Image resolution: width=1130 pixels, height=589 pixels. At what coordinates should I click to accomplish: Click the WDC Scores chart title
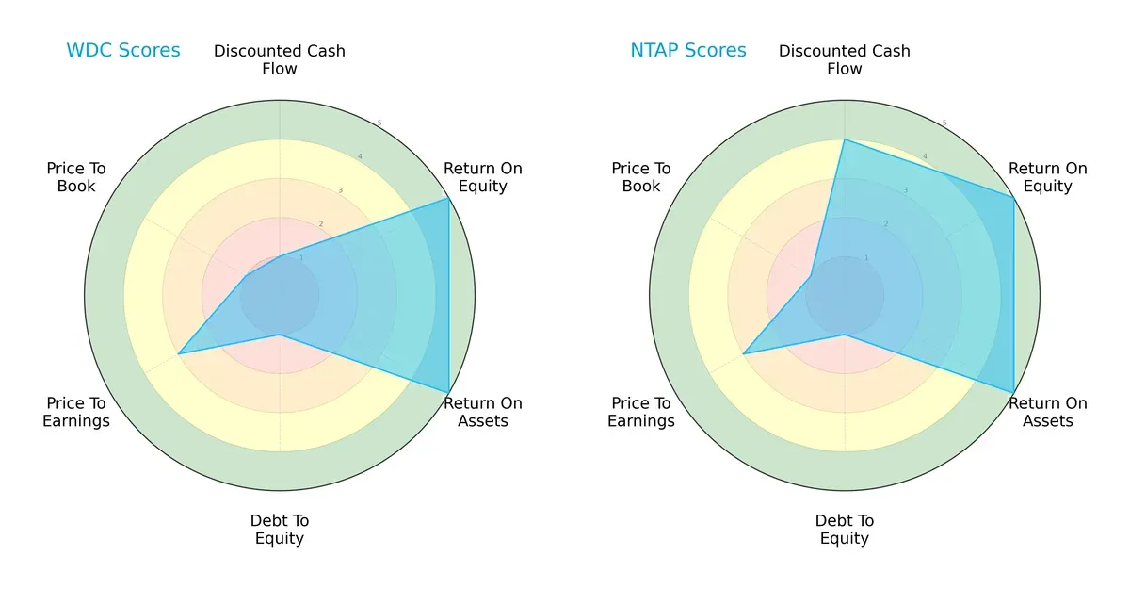coord(122,50)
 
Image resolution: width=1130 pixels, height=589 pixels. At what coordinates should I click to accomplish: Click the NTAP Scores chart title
coord(687,50)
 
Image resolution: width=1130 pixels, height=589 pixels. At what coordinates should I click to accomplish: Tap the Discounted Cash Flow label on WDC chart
coord(280,59)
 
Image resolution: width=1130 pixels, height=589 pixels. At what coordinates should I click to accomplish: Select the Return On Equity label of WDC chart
coord(482,177)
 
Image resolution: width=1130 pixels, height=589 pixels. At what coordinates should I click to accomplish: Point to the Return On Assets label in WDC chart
coord(482,412)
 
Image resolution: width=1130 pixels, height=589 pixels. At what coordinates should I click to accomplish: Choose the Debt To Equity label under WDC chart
coord(280,530)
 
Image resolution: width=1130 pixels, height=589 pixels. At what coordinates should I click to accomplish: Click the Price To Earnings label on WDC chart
coord(76,412)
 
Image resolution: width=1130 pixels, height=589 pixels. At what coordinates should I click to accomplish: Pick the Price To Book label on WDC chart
coord(76,177)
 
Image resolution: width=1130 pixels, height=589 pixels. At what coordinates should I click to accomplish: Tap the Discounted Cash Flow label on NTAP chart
coord(845,59)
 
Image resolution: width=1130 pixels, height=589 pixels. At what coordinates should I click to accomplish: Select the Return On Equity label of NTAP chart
coord(1047,177)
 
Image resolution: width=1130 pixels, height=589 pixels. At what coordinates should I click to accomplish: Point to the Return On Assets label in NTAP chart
coord(1047,412)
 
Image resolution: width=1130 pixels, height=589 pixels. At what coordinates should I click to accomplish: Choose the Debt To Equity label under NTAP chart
coord(845,530)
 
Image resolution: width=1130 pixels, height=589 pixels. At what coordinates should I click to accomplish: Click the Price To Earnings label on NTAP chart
coord(641,412)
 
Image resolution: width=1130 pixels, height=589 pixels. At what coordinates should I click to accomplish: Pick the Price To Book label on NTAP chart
coord(641,177)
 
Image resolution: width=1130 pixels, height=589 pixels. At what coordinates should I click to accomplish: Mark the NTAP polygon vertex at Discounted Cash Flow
coord(845,139)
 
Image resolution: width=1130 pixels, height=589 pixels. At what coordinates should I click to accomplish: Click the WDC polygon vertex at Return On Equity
coord(448,198)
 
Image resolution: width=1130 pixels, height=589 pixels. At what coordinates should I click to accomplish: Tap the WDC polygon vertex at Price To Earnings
coord(179,353)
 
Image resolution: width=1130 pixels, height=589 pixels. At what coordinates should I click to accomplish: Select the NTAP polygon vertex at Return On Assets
coord(1013,392)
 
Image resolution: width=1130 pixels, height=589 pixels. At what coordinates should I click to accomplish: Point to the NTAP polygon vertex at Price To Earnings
coord(744,353)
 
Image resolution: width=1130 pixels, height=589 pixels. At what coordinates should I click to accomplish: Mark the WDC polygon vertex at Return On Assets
coord(448,392)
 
